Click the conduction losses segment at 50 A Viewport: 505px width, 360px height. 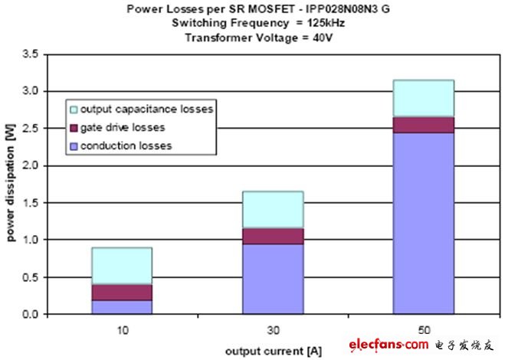coord(423,222)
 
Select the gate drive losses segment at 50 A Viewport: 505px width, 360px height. coord(423,124)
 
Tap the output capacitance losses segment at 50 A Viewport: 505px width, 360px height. coord(423,98)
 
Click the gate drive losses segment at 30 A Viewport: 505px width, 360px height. coord(272,236)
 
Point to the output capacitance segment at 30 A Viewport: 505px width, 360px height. coord(272,209)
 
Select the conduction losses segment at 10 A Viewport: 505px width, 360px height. coord(121,306)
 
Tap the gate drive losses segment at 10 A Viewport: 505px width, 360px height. coord(121,292)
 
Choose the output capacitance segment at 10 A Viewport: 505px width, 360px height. coord(121,266)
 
